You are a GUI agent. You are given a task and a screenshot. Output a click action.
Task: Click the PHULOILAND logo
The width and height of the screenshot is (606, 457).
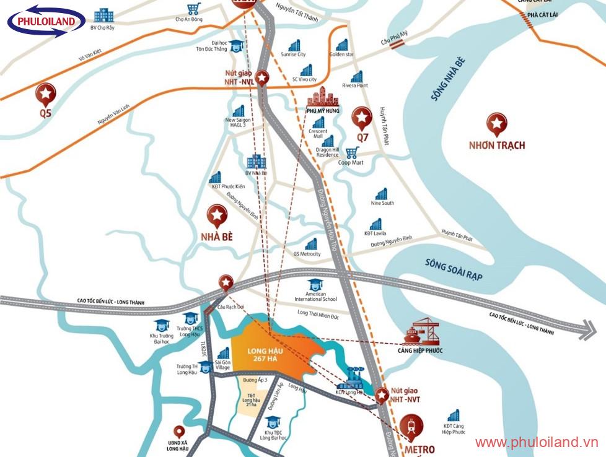pyautogui.click(x=46, y=22)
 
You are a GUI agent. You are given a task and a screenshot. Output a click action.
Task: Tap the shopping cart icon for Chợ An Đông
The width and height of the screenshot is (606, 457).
pyautogui.click(x=194, y=9)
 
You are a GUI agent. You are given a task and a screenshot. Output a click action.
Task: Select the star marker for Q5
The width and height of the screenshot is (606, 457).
pyautogui.click(x=46, y=94)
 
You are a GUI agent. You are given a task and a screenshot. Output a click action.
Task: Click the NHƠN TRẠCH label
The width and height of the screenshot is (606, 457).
pyautogui.click(x=496, y=146)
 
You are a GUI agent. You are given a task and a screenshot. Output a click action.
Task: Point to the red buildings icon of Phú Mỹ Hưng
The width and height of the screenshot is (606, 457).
pyautogui.click(x=323, y=97)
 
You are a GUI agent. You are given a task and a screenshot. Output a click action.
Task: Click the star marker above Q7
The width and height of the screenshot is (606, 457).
pyautogui.click(x=362, y=117)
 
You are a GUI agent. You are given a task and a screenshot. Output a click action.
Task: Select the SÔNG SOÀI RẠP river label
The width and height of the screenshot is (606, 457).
pyautogui.click(x=454, y=271)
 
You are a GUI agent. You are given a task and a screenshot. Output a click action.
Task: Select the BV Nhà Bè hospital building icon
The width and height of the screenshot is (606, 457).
pyautogui.click(x=255, y=162)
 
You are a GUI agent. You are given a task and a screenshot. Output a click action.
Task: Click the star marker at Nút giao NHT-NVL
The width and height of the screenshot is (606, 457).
pyautogui.click(x=263, y=78)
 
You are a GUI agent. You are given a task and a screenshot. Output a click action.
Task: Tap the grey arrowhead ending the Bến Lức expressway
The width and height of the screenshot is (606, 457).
pyautogui.click(x=586, y=330)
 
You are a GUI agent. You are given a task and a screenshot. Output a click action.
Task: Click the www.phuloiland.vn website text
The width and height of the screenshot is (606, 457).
pyautogui.click(x=537, y=442)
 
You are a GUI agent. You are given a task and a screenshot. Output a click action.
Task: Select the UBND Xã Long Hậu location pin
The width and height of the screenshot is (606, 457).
pyautogui.click(x=180, y=431)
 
